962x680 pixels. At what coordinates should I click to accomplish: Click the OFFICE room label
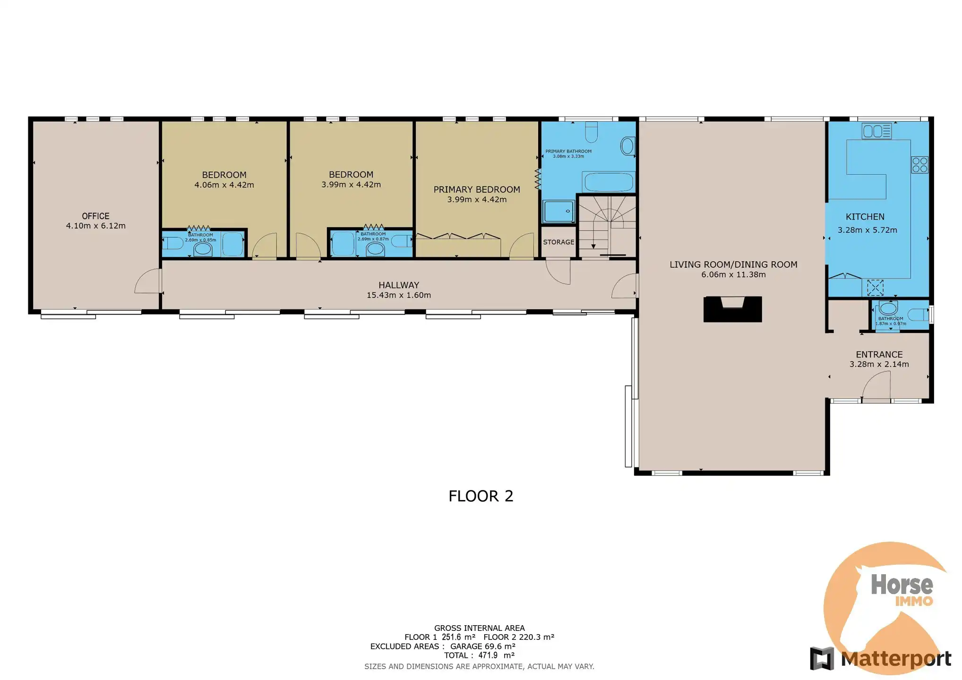[95, 216]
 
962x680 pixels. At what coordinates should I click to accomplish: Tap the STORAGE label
[558, 242]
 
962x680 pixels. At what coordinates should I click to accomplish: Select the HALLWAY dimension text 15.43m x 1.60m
[398, 296]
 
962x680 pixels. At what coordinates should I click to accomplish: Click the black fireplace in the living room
[732, 309]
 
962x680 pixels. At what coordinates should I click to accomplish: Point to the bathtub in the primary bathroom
[608, 182]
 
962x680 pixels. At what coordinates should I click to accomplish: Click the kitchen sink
[876, 131]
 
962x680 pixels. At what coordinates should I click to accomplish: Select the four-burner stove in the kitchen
[920, 165]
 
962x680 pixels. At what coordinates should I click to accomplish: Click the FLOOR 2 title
[481, 496]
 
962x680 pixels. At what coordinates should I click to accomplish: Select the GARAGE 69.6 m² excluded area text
[482, 646]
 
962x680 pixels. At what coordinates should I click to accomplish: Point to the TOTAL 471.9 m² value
[479, 655]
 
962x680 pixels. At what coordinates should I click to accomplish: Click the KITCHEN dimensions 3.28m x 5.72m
[867, 230]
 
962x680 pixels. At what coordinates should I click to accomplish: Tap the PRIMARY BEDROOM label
[476, 189]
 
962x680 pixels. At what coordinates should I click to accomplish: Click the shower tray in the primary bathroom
[558, 211]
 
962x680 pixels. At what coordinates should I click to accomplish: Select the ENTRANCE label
[879, 355]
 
